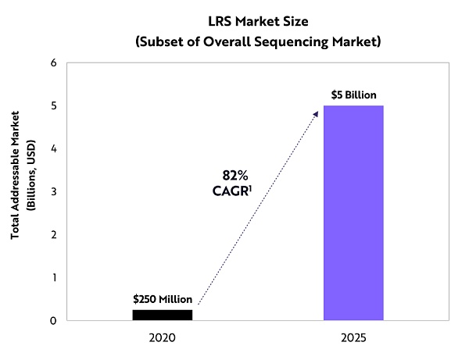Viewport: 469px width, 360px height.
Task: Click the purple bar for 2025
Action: (x=353, y=212)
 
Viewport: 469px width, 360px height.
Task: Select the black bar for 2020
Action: (x=162, y=315)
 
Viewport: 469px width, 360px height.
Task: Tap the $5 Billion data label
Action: (x=353, y=94)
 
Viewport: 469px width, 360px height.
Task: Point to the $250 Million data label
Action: (x=162, y=299)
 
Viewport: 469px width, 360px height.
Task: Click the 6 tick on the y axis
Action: (x=52, y=62)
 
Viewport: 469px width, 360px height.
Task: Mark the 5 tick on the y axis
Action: (x=52, y=105)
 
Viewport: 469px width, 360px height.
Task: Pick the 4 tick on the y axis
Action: (x=52, y=148)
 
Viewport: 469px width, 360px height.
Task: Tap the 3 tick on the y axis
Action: (x=52, y=191)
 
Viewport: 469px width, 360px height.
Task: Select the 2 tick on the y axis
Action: (x=52, y=234)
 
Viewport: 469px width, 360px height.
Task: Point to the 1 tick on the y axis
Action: (x=52, y=277)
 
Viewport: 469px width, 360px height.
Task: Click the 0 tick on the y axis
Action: (x=52, y=320)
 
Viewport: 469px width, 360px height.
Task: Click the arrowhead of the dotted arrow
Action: (x=316, y=114)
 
